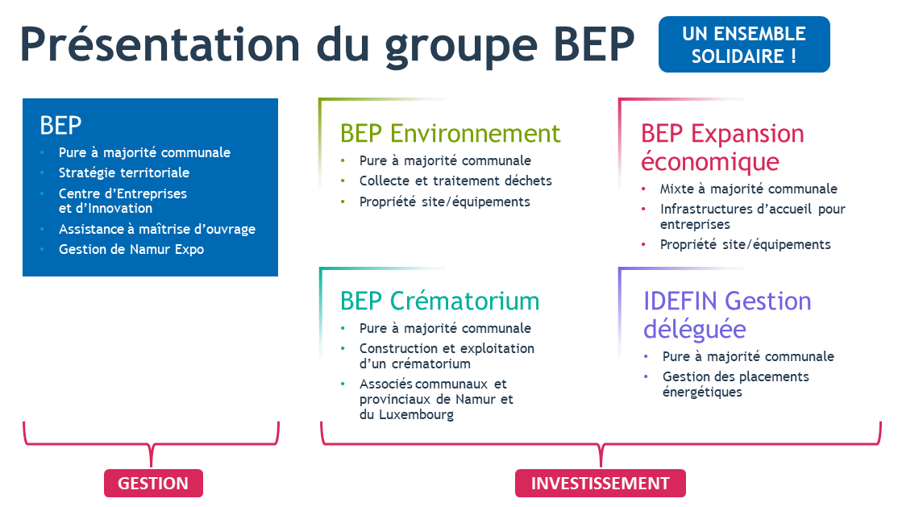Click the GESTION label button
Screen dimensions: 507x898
(x=153, y=483)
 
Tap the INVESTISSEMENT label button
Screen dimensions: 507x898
(x=600, y=483)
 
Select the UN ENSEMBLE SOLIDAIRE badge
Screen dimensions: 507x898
(x=743, y=44)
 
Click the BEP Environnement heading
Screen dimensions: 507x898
(x=450, y=133)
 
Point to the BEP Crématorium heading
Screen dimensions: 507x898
(x=439, y=301)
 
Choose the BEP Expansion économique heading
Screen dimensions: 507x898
(x=722, y=147)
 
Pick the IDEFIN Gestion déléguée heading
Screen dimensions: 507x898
(x=726, y=314)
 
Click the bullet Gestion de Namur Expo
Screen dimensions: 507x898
(x=131, y=249)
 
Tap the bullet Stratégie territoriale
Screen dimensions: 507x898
(x=124, y=172)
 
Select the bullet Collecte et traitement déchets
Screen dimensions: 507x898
(x=455, y=181)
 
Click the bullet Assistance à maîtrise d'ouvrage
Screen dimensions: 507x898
(x=157, y=229)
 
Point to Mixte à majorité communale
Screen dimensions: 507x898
(x=748, y=189)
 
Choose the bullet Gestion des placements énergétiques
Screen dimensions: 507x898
(x=735, y=384)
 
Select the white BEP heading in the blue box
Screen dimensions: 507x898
(x=60, y=125)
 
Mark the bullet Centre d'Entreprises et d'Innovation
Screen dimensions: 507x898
(x=123, y=201)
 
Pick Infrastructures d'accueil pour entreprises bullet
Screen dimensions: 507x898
(x=752, y=216)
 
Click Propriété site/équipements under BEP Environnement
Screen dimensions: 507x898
(x=444, y=202)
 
